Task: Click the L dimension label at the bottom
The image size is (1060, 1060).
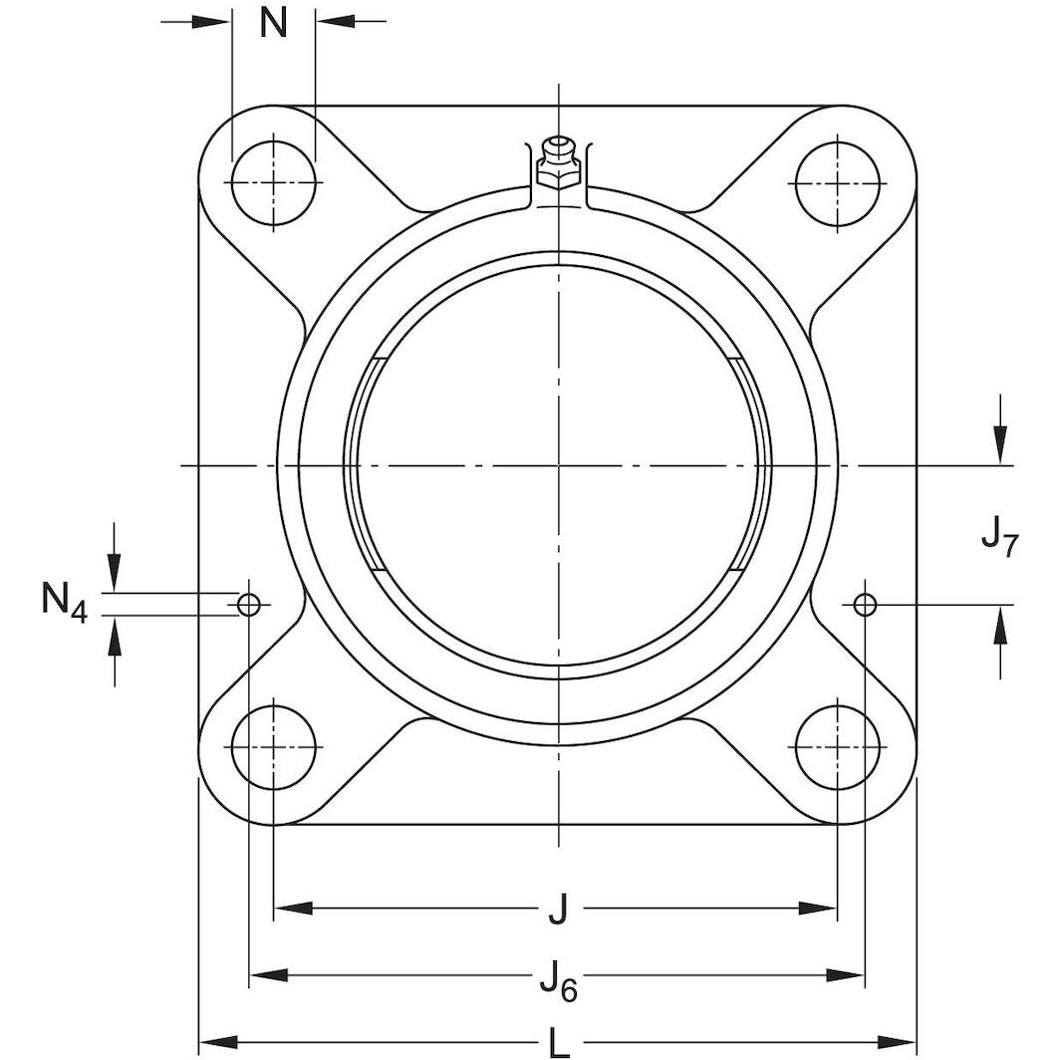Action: (559, 1043)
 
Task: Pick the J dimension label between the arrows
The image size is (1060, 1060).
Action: (558, 909)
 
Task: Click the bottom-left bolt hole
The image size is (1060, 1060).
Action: (273, 745)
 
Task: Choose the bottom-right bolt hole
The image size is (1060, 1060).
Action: (838, 745)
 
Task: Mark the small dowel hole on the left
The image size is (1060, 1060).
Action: (248, 604)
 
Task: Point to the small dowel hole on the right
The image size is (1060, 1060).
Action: (865, 604)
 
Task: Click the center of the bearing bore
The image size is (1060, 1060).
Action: (559, 465)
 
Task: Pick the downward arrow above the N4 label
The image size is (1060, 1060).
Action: (116, 574)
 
